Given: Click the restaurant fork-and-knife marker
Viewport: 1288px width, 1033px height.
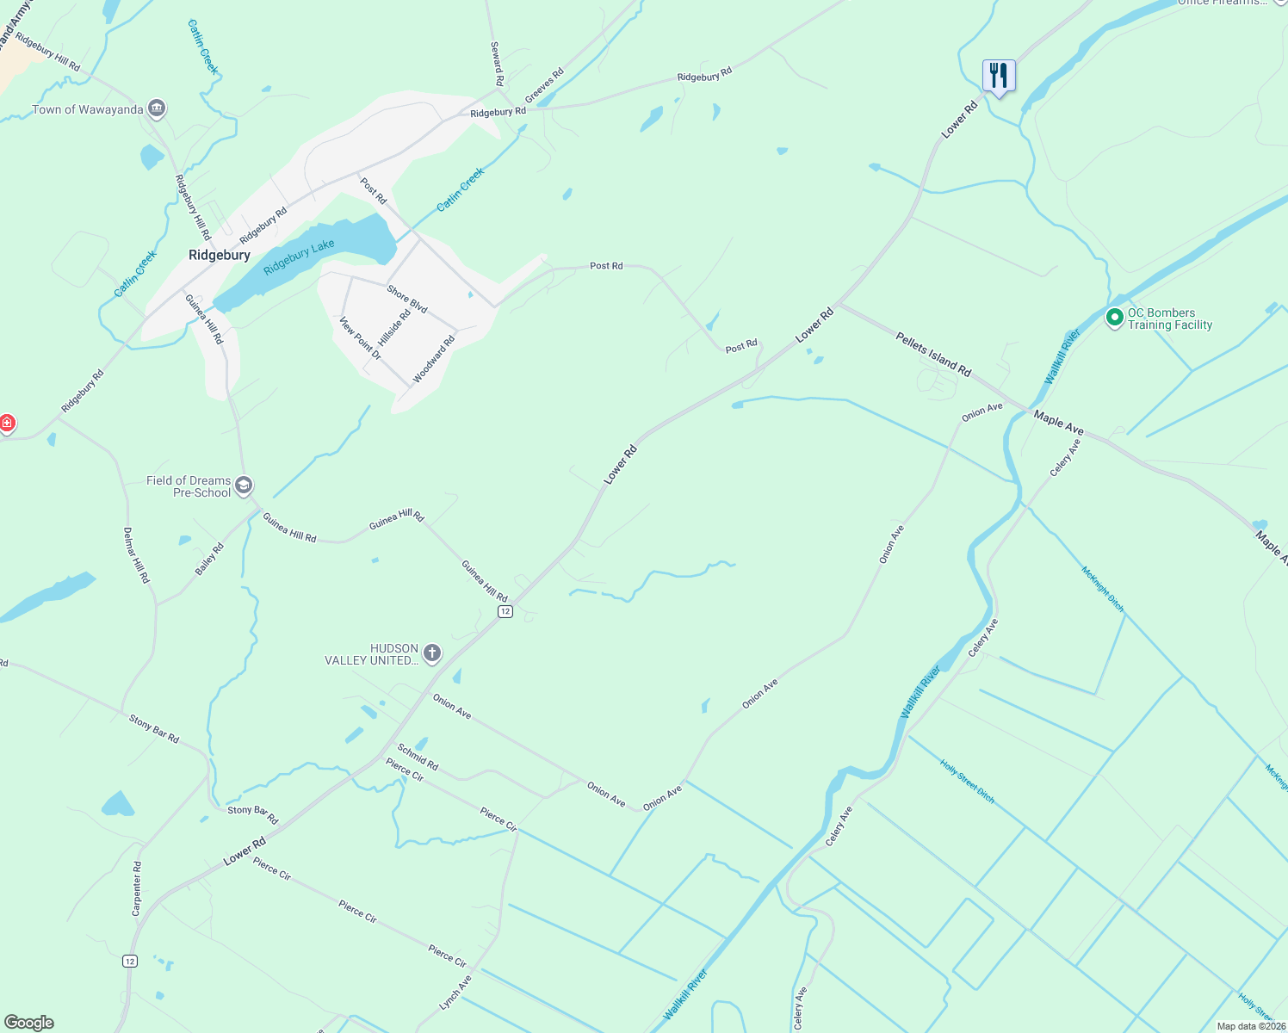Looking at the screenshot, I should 999,76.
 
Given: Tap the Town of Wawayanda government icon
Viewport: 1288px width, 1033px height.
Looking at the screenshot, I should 156,108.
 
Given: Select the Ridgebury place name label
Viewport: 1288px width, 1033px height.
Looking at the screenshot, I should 220,255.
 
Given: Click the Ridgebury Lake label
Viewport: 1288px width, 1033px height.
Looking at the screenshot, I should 299,257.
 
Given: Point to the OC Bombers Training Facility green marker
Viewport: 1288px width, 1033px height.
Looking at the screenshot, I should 1114,319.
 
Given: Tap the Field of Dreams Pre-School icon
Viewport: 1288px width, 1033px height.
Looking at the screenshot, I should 244,486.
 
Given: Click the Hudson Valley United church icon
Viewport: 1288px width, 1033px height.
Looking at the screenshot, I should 432,654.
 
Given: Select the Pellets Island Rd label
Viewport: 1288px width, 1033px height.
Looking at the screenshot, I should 933,355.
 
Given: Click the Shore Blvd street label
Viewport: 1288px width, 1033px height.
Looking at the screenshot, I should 407,299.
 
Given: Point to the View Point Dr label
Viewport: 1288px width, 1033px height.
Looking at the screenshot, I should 360,338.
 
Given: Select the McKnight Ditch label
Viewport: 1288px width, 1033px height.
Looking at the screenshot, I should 1102,589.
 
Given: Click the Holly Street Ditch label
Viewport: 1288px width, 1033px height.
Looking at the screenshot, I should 967,782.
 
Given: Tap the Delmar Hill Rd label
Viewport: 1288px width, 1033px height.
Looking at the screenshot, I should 136,555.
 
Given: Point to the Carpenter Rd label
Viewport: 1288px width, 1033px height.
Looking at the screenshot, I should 137,888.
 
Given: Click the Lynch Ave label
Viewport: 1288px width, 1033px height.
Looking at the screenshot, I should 455,993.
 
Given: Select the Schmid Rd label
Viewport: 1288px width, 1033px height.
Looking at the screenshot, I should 418,758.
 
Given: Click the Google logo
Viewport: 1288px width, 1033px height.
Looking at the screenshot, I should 28,1023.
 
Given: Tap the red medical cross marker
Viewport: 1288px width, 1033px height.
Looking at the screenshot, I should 7,424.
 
